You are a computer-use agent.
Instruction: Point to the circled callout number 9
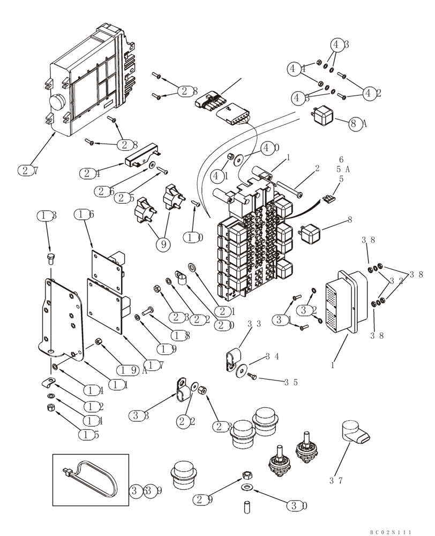point(163,244)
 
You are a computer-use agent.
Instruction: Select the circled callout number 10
point(193,236)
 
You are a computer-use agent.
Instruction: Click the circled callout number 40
point(270,147)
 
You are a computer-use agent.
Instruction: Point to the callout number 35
point(291,382)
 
